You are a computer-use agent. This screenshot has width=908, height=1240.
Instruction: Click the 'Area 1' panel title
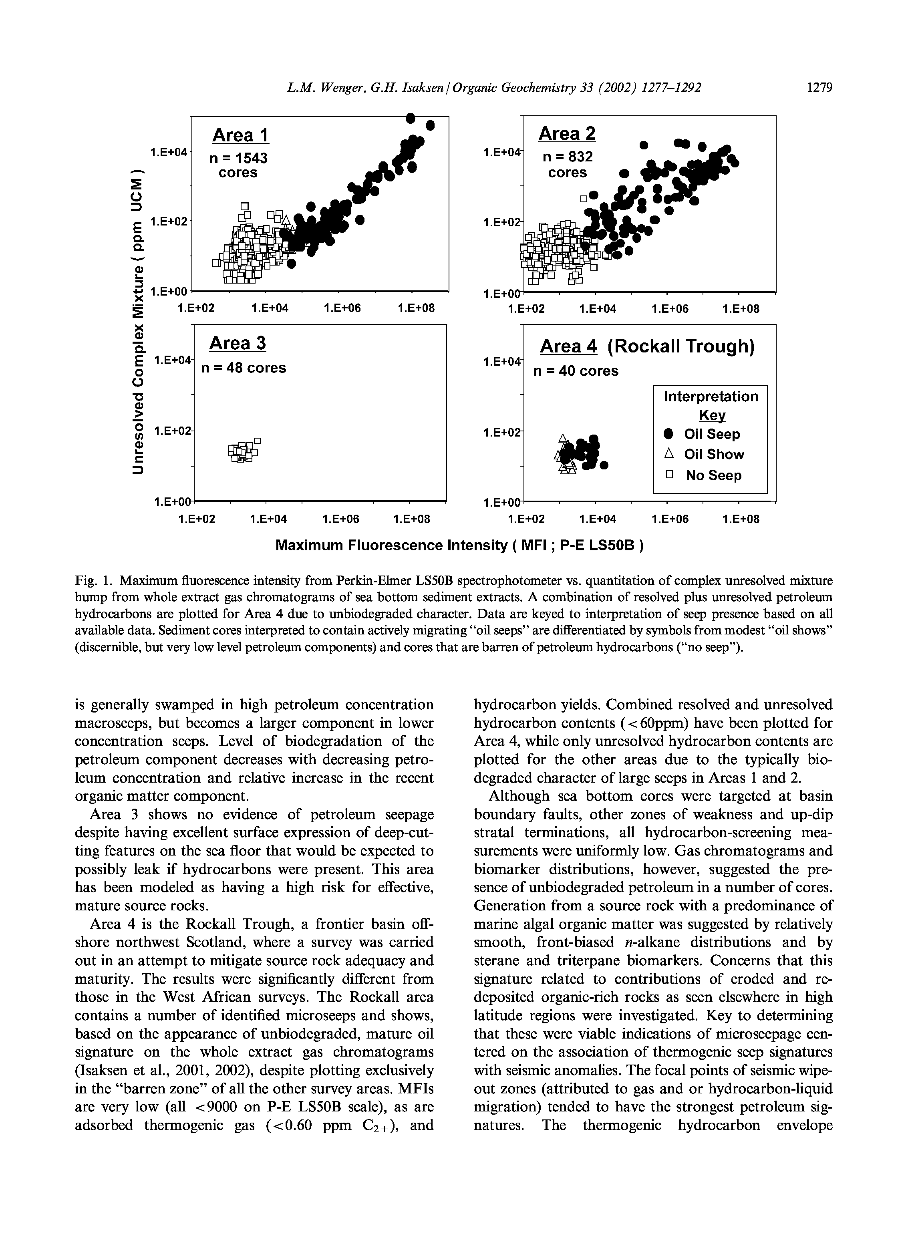tap(240, 135)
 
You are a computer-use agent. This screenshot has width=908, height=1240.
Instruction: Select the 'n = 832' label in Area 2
tap(568, 157)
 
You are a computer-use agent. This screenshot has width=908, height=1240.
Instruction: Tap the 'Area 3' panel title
tap(238, 344)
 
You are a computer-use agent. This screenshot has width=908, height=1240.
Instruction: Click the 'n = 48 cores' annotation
tap(244, 368)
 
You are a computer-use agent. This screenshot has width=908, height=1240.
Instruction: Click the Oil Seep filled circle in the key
tap(668, 434)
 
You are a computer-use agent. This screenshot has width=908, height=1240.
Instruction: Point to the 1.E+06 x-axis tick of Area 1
tap(342, 308)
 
